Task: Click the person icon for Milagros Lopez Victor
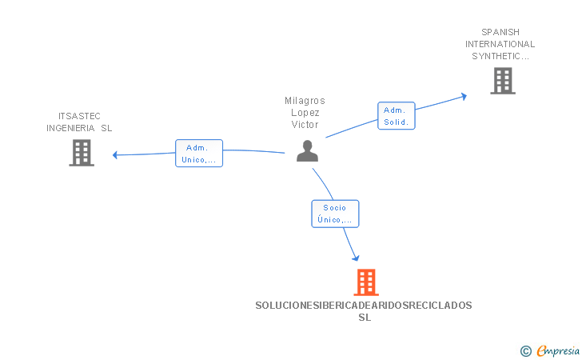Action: tap(307, 150)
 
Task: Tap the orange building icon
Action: tap(365, 282)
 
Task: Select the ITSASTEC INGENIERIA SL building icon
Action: tap(82, 152)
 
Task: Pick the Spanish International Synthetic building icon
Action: tap(503, 81)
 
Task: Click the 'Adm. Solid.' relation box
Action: tap(397, 116)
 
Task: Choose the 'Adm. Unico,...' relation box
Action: tap(199, 153)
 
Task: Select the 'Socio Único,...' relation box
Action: tap(335, 214)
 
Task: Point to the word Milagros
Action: tap(305, 101)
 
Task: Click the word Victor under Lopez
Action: tap(305, 124)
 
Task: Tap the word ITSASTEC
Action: tap(79, 116)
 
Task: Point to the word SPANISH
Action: tap(500, 32)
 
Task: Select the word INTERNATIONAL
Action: tap(500, 44)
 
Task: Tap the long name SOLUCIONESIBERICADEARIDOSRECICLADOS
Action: tap(364, 306)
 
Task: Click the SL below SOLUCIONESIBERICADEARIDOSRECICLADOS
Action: tap(365, 318)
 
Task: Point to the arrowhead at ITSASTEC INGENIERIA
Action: tap(116, 154)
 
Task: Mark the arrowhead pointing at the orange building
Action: tap(356, 258)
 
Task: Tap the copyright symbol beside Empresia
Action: tap(526, 350)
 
